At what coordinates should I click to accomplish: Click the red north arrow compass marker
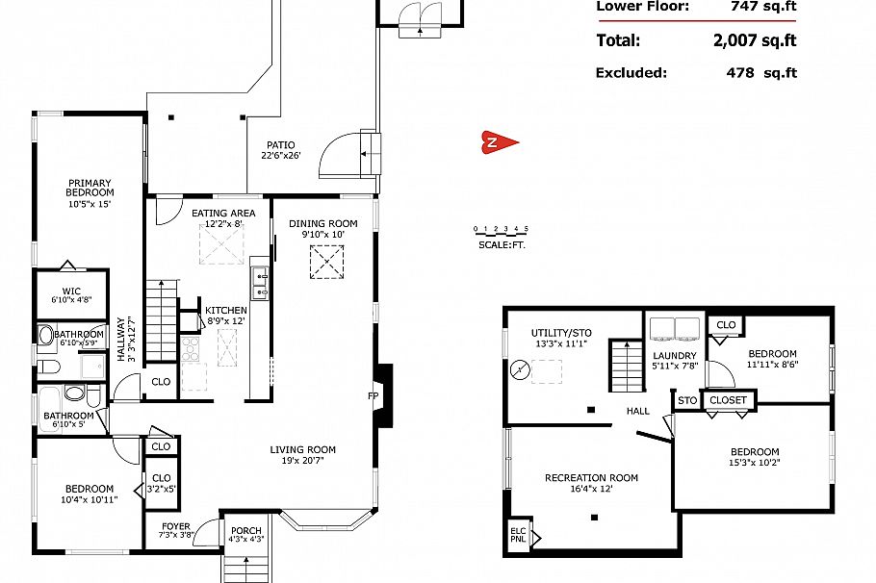pyautogui.click(x=500, y=142)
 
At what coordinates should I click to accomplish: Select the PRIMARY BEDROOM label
pyautogui.click(x=90, y=188)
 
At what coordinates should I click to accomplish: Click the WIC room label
pyautogui.click(x=71, y=291)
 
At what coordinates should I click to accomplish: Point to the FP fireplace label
pyautogui.click(x=373, y=395)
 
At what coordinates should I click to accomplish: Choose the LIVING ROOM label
pyautogui.click(x=302, y=449)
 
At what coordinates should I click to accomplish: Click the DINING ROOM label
pyautogui.click(x=322, y=224)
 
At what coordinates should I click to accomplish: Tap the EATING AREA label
pyautogui.click(x=223, y=214)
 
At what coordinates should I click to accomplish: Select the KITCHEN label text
pyautogui.click(x=226, y=310)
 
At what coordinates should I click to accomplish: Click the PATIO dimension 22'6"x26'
pyautogui.click(x=281, y=155)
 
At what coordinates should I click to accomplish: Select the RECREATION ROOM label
pyautogui.click(x=591, y=478)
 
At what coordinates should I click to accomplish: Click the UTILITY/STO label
pyautogui.click(x=561, y=333)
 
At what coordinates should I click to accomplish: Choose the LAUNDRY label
pyautogui.click(x=674, y=355)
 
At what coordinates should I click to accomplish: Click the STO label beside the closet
pyautogui.click(x=686, y=400)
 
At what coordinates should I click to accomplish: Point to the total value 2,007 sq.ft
pyautogui.click(x=755, y=40)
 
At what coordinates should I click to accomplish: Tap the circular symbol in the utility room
pyautogui.click(x=520, y=368)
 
